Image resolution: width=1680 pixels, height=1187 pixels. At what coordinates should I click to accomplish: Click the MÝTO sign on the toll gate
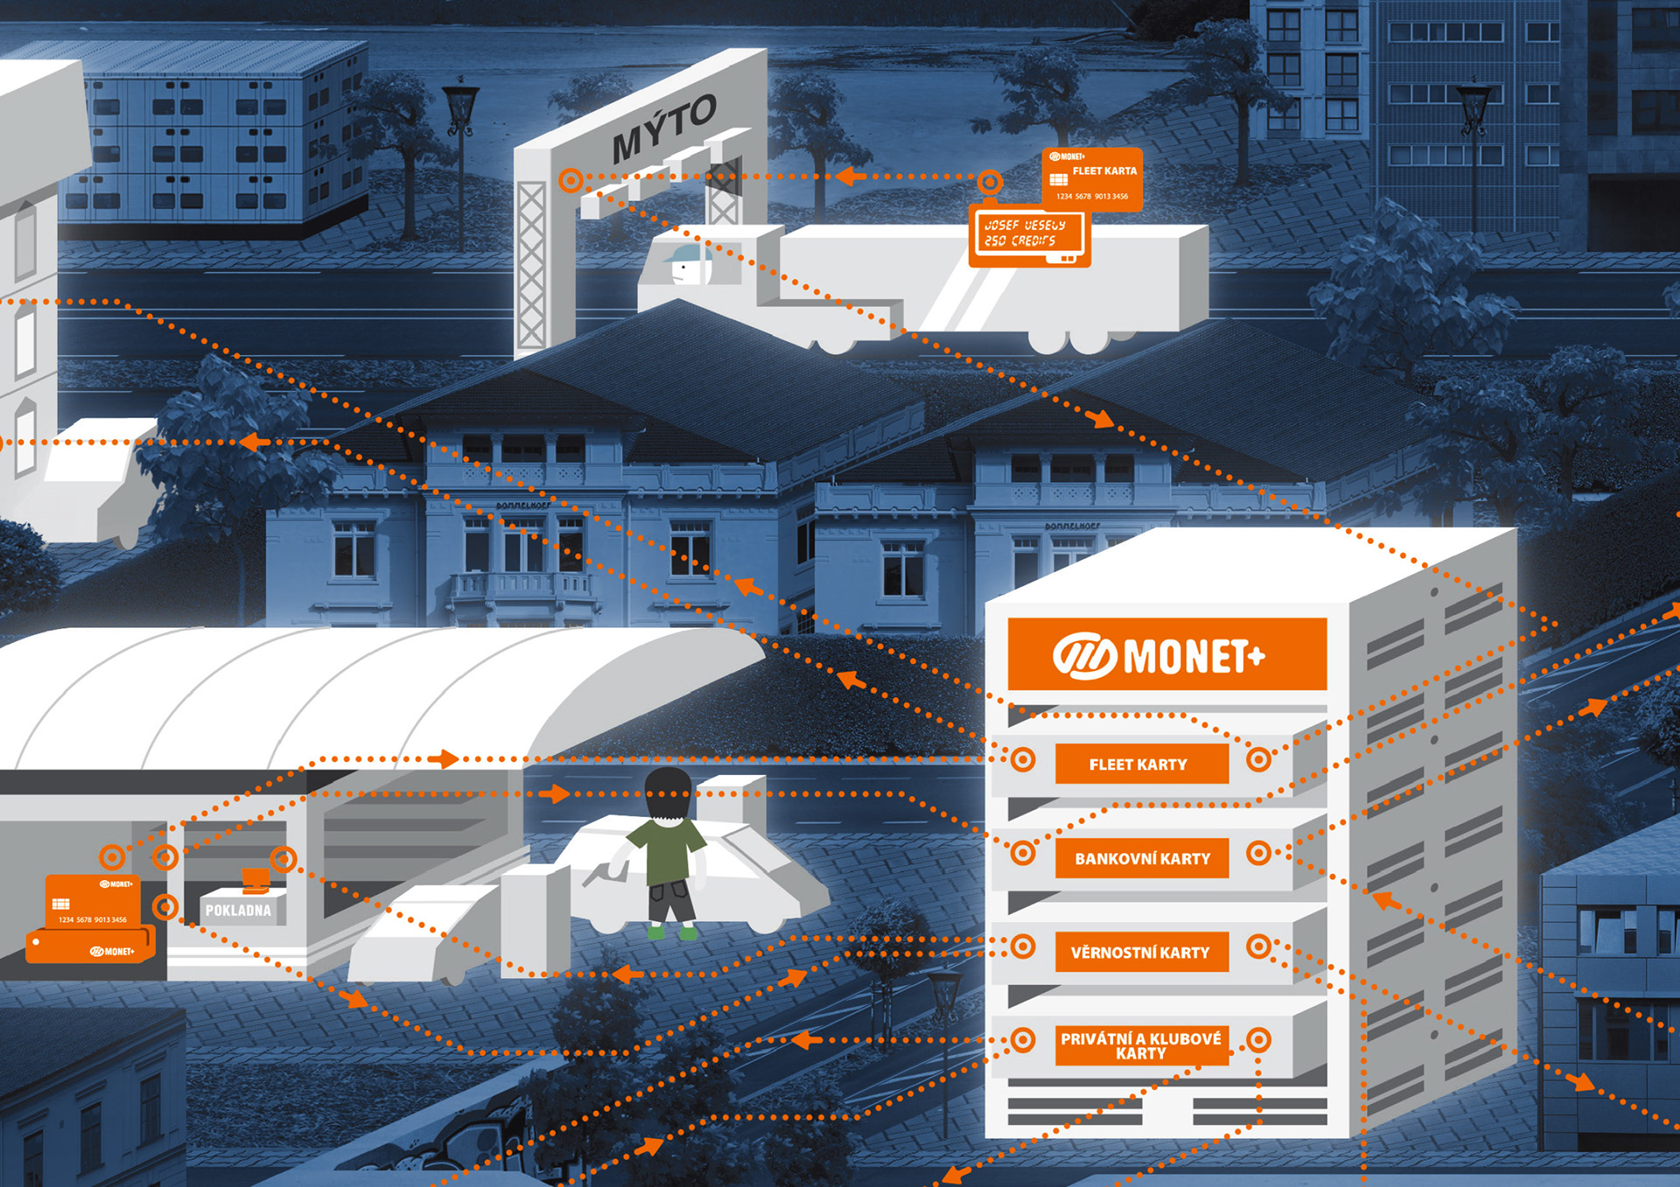(663, 129)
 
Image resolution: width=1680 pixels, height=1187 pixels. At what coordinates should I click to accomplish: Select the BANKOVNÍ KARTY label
(1142, 858)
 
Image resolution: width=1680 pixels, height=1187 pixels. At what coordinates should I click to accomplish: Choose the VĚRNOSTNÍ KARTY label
(1140, 952)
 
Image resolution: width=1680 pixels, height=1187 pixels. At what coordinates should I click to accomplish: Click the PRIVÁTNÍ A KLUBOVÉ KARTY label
(1140, 1045)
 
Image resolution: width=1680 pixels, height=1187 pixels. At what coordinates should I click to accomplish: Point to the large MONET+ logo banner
(1166, 655)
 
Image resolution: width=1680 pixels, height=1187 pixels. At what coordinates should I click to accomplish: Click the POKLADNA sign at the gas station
(238, 910)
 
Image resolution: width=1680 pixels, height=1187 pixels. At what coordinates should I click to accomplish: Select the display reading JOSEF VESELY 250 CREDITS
(1028, 233)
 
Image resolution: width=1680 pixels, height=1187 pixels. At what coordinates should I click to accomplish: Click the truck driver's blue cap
(685, 254)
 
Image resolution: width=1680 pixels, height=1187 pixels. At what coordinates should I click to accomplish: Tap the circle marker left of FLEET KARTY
(1022, 759)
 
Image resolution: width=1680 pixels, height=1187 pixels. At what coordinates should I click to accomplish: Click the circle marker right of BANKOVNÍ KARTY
(1258, 852)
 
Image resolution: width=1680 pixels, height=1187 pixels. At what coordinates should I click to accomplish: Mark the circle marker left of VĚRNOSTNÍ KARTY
(1022, 946)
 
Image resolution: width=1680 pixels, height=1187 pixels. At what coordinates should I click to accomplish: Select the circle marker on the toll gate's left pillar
(570, 180)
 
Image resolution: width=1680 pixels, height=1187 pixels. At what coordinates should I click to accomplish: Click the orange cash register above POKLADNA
(255, 879)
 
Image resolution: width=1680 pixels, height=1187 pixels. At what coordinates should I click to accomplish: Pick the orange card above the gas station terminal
(92, 901)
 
